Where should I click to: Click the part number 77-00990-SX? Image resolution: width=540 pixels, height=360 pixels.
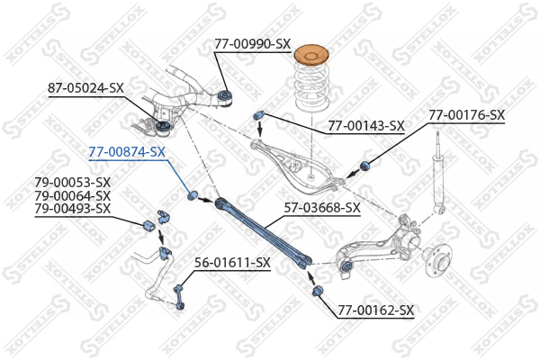252,43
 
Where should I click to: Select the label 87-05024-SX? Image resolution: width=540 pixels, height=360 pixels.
85,87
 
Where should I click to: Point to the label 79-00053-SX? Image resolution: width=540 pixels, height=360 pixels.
73,184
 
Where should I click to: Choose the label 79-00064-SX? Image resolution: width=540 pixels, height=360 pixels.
73,196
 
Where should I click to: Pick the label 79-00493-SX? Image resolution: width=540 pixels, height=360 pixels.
73,209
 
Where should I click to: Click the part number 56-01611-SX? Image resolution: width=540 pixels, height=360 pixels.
233,263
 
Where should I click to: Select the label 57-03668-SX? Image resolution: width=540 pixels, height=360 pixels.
322,207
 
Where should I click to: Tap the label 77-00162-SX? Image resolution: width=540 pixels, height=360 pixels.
376,310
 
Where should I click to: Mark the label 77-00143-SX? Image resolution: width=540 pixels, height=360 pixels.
365,126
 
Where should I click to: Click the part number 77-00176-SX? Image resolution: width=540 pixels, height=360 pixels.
466,115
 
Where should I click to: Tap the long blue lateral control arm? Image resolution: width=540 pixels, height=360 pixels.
262,231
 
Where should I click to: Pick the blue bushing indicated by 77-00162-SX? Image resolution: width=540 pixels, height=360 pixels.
318,292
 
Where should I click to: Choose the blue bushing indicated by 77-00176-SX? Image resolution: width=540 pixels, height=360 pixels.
365,166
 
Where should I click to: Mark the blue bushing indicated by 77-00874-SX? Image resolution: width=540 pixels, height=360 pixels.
192,195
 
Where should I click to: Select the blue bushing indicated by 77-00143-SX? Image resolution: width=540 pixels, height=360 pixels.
257,113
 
